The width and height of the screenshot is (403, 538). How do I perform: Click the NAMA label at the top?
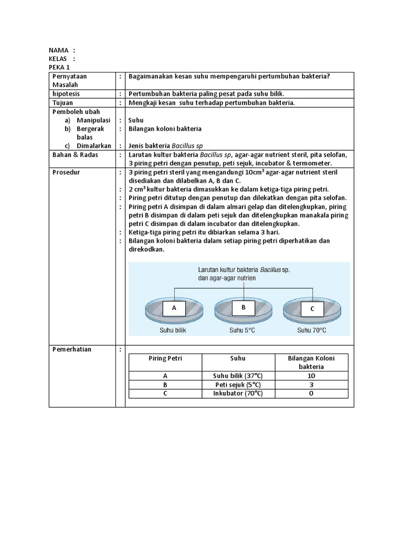59,50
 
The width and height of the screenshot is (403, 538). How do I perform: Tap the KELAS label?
59,59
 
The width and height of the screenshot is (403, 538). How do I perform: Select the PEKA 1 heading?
59,68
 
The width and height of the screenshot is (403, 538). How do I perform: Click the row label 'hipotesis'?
66,94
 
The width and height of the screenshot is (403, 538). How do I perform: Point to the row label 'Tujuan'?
62,102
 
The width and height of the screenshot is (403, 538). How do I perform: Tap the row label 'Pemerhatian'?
71,349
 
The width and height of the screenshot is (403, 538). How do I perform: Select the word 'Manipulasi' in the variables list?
93,120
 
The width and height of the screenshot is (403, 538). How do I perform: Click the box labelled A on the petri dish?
174,308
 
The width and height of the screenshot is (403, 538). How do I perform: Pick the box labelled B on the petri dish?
243,307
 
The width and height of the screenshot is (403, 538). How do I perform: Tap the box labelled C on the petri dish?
312,309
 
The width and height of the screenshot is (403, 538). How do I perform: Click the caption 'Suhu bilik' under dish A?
173,330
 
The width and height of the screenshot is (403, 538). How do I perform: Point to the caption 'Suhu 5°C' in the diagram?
242,330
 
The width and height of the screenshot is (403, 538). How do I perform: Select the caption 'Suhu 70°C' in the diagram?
312,330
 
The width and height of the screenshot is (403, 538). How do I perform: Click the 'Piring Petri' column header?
165,358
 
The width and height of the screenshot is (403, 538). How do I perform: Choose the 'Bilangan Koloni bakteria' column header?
311,362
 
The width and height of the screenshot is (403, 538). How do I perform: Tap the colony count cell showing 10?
311,376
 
